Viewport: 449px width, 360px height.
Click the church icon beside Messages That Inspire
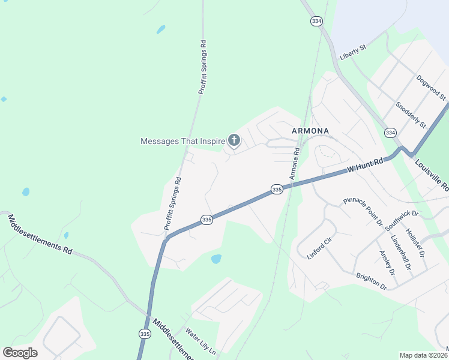tap(234, 141)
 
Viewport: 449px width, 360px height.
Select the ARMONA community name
tap(310, 130)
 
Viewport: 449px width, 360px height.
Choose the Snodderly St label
tap(411, 115)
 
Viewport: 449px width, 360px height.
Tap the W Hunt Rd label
tap(365, 166)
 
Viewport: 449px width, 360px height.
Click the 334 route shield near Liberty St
tap(316, 21)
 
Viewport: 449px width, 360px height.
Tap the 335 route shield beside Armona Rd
tap(276, 189)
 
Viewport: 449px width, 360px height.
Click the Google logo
tap(20, 352)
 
